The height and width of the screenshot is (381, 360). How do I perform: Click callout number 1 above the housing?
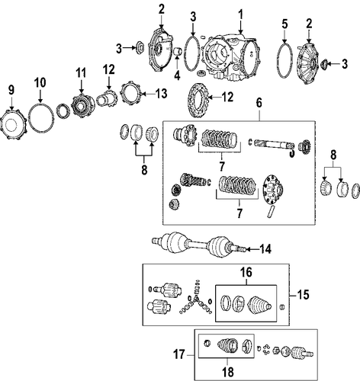click(240, 15)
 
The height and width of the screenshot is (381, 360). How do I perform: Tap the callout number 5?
click(284, 24)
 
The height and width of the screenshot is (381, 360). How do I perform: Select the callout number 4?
click(177, 75)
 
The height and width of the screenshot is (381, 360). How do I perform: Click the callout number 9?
click(11, 91)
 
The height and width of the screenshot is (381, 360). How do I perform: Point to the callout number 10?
click(40, 83)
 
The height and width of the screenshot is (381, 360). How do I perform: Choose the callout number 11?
click(81, 73)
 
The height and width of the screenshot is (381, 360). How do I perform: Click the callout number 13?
click(161, 94)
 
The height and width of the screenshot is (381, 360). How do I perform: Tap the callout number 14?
click(265, 249)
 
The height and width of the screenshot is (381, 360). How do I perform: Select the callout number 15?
click(303, 295)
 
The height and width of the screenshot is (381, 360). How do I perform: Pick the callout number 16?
click(246, 272)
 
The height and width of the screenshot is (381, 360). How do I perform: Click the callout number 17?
click(179, 354)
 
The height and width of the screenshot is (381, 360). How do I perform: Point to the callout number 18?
click(228, 372)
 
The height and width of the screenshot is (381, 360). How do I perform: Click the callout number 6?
click(259, 104)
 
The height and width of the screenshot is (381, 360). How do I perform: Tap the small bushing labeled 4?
click(177, 51)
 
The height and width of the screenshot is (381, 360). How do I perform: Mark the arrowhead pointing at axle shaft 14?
click(248, 250)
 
